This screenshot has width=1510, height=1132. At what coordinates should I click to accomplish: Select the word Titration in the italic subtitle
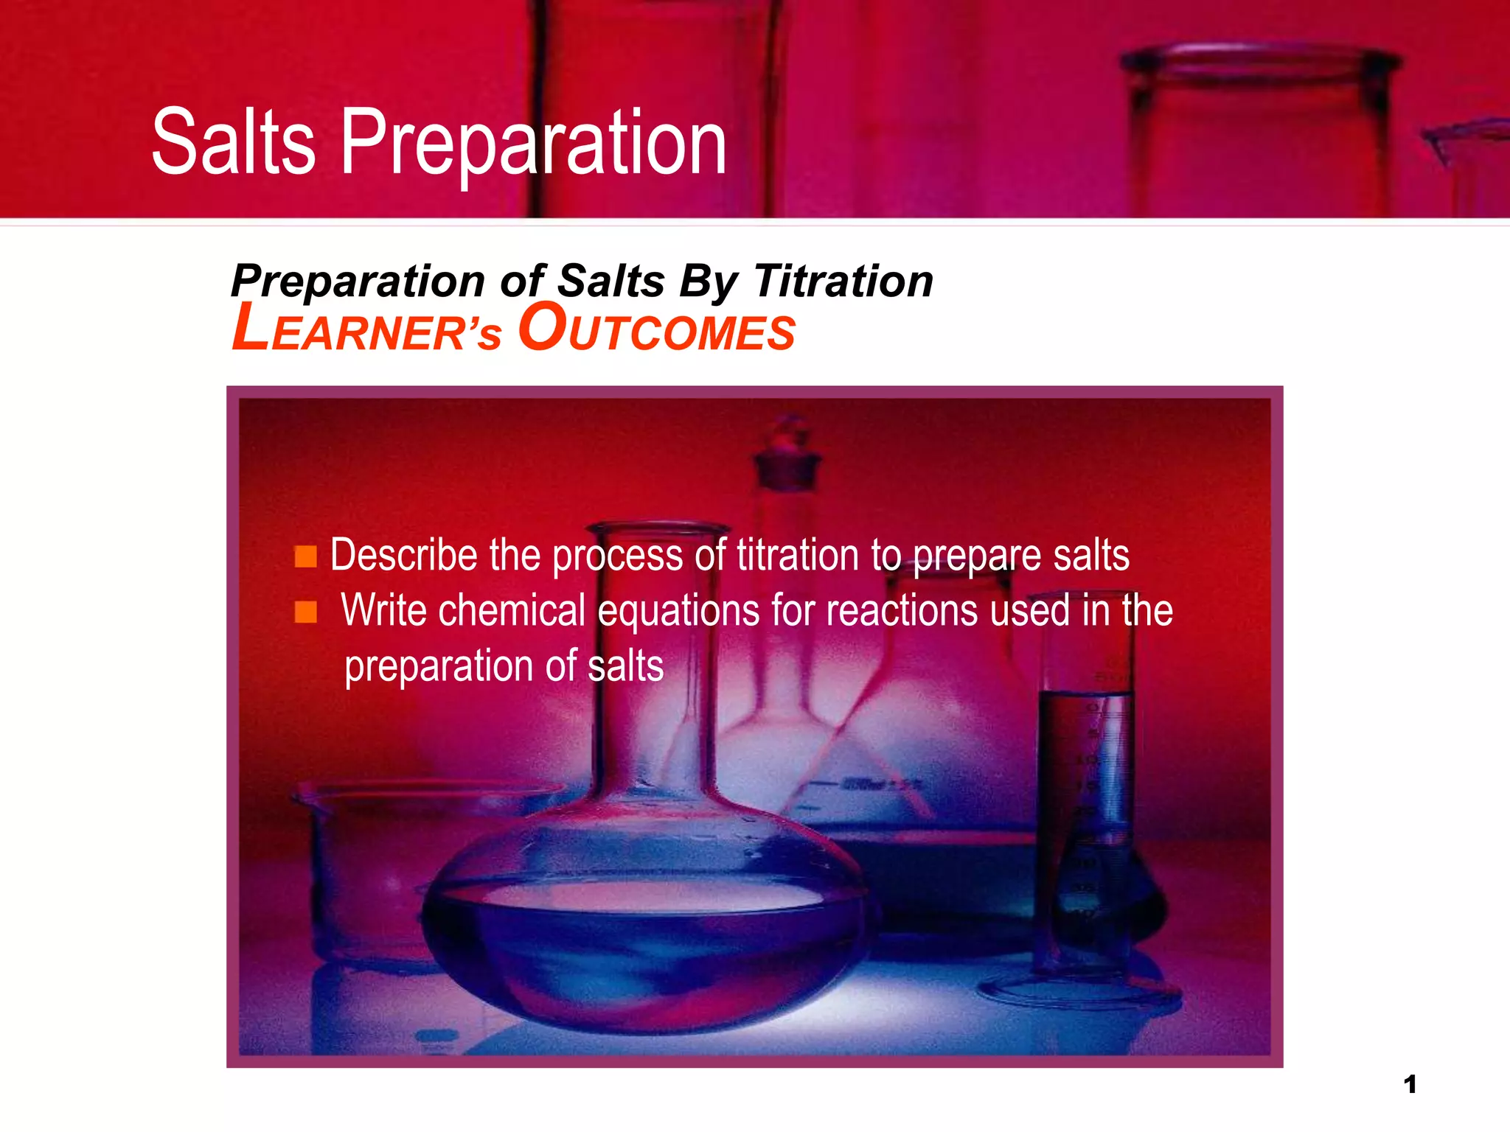(843, 282)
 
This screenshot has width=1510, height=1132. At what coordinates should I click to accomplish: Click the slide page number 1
(1410, 1084)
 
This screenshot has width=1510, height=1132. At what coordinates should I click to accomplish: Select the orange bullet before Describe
(305, 556)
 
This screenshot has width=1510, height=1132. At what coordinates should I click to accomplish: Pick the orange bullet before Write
(305, 612)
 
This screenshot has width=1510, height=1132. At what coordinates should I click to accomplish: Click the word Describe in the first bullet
(403, 555)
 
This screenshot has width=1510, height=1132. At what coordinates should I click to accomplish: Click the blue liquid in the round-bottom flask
(641, 951)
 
